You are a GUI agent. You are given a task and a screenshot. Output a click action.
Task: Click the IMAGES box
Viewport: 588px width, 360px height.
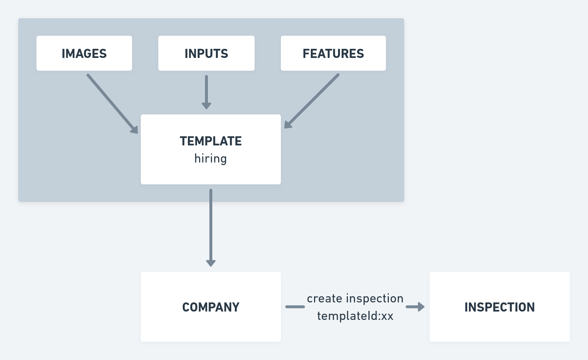point(84,53)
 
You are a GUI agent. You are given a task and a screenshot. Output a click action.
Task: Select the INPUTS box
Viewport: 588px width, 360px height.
point(206,53)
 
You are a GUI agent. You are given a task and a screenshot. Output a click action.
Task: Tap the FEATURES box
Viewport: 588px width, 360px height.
point(333,53)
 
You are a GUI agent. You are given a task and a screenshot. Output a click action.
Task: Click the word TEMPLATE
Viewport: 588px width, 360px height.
point(211,141)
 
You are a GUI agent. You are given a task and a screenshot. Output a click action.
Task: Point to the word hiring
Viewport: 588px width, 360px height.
point(210,159)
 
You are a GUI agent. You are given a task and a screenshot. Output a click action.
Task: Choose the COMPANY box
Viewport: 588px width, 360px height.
point(211,307)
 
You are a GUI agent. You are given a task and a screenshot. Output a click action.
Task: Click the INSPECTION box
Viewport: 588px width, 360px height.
point(499,307)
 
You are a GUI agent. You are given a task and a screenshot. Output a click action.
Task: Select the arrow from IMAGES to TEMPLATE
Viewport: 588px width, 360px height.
point(112,104)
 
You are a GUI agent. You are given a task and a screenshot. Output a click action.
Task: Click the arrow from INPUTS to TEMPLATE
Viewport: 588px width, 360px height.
point(206,92)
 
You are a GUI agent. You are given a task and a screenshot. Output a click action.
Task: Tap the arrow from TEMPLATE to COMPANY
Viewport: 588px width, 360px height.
point(211,228)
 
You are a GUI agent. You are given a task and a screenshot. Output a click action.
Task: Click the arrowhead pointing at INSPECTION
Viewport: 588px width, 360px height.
point(421,307)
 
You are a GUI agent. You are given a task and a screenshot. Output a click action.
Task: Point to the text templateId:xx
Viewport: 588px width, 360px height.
point(355,316)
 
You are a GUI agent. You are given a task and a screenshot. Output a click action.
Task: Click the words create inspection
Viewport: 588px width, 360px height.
point(355,298)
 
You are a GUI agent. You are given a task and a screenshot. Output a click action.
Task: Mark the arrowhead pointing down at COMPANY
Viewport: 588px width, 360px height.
point(211,263)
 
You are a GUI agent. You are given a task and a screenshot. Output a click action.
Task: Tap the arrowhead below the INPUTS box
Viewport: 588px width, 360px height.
point(206,106)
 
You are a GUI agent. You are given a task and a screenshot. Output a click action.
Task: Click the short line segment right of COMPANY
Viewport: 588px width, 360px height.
point(295,307)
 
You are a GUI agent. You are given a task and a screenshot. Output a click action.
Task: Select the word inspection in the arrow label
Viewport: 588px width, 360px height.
point(375,298)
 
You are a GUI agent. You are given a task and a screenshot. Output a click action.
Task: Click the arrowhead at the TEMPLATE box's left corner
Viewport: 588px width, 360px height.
point(134,130)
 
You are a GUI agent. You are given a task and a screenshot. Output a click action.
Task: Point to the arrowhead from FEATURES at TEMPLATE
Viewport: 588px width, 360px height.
point(288,125)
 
